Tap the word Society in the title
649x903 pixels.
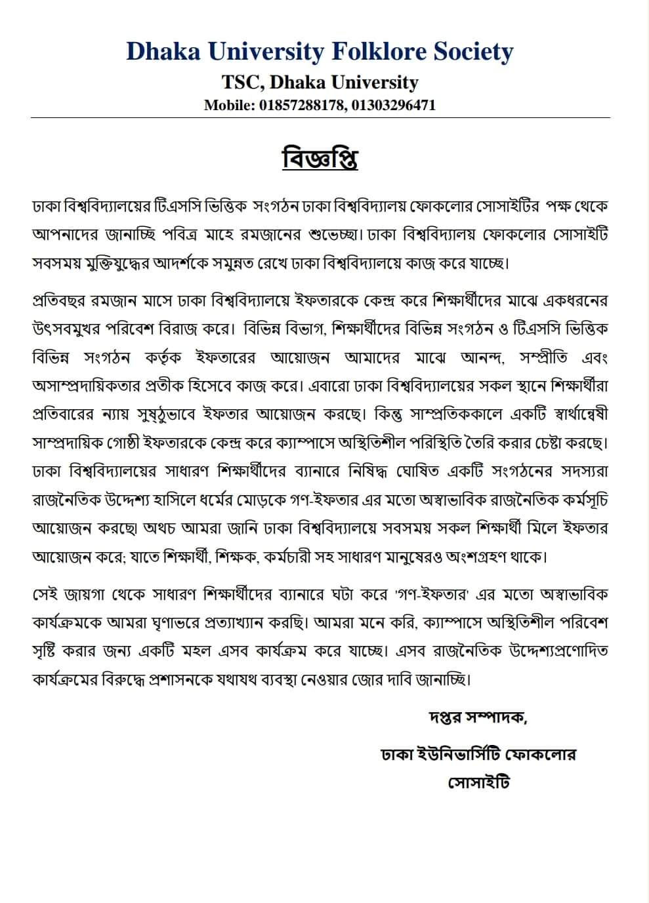coord(472,51)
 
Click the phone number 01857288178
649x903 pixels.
coord(302,105)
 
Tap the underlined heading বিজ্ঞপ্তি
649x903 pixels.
coord(320,159)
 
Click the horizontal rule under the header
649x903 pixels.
coord(320,118)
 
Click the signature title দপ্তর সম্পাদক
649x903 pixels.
coord(476,716)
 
